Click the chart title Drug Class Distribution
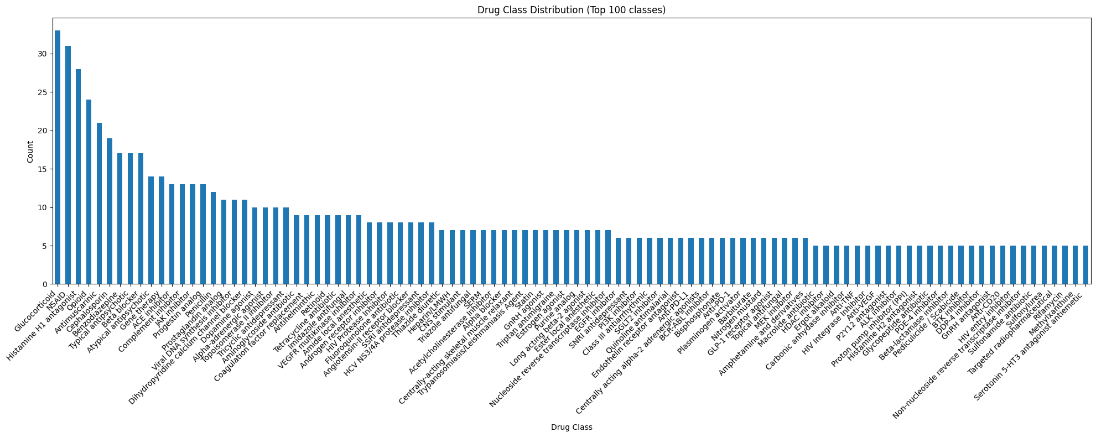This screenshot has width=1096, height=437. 572,10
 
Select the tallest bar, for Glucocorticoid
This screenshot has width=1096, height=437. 58,158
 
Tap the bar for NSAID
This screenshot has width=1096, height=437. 68,165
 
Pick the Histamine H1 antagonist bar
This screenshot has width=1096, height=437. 79,177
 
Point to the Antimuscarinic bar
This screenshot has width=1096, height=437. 99,204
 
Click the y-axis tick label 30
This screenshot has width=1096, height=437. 41,54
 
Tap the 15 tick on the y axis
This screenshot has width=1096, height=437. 41,169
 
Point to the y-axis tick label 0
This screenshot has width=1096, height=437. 44,284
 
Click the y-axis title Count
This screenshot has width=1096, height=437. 30,152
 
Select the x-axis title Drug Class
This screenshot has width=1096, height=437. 572,427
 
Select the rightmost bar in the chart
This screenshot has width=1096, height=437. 1085,265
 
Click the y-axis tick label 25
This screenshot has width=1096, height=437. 41,92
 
